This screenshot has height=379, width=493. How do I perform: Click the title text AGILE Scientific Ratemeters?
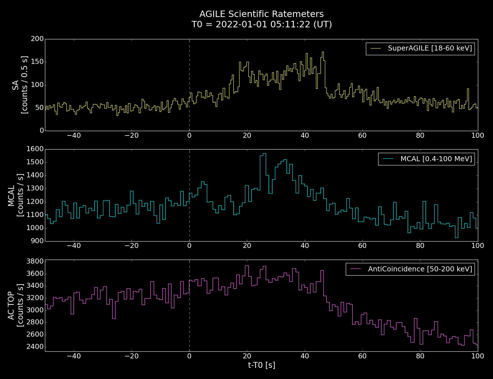pos(261,14)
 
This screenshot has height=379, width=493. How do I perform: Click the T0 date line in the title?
pos(261,25)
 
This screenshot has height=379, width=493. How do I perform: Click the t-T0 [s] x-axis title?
pos(261,365)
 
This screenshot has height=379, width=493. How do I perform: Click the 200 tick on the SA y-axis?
pos(37,39)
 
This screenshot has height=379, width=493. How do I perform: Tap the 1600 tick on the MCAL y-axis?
pos(35,149)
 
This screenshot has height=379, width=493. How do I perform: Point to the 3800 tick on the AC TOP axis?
pos(35,262)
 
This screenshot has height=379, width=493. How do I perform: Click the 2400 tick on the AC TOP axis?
pos(35,347)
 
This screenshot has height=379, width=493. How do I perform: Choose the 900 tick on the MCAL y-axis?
pos(37,241)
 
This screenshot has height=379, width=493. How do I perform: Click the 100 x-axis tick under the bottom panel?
pos(478,356)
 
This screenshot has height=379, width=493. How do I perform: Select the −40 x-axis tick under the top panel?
pos(74,136)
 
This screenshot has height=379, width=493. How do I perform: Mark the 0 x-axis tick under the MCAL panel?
pos(189,246)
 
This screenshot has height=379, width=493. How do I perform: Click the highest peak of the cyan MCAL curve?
pos(264,154)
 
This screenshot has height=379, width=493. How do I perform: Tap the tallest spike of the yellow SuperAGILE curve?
pos(323,52)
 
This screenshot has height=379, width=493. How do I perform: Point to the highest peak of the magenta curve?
pos(247,266)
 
